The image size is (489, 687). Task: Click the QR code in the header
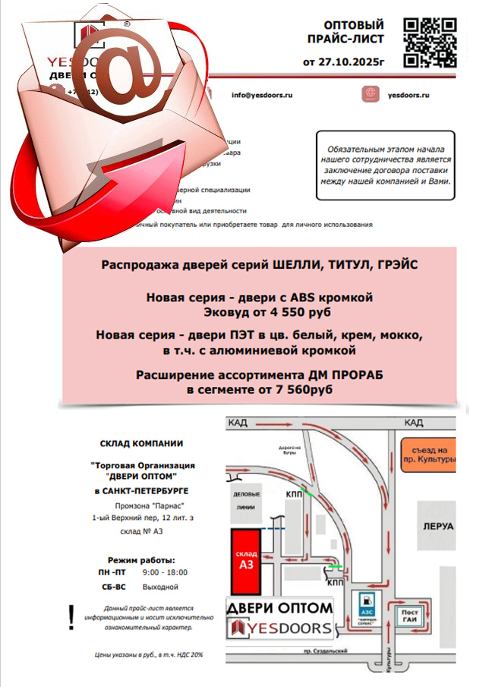coord(429,41)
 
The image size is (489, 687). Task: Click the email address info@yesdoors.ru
coord(262,95)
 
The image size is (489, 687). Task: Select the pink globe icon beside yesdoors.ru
coord(370,95)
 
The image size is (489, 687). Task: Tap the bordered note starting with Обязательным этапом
coord(386,165)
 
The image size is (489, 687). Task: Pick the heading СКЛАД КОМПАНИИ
coord(141,444)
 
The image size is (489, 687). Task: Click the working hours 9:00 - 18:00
coord(165,572)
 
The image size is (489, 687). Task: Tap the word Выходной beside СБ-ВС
coord(160,586)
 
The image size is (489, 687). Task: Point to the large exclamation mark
coord(71,617)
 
